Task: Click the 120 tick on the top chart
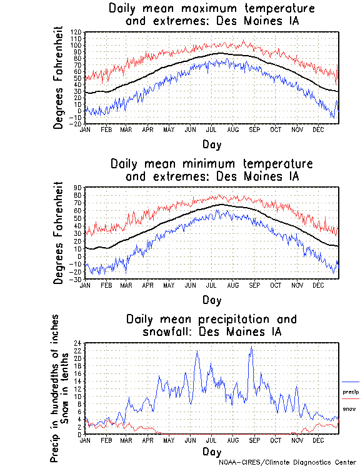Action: coord(76,31)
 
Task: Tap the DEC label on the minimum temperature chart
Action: coord(318,285)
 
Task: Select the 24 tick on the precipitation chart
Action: coord(78,343)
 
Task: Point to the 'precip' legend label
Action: coord(351,392)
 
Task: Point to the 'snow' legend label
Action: coord(349,408)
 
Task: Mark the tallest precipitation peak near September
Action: coord(251,348)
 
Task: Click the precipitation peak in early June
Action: coord(197,352)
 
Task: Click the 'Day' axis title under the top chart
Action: coord(211,144)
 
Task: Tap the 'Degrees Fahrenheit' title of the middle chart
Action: coord(59,233)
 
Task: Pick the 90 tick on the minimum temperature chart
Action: coord(78,187)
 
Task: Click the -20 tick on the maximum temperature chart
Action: coord(75,124)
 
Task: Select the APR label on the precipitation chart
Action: coord(148,440)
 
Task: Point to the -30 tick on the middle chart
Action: coord(75,279)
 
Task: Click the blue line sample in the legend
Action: coord(351,382)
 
